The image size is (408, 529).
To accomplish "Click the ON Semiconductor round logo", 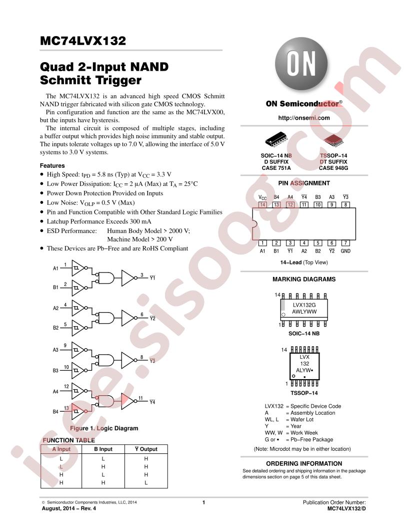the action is pyautogui.click(x=301, y=64).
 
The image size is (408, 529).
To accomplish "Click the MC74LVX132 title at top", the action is pyautogui.click(x=83, y=41).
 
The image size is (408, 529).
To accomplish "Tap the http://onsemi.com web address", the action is pyautogui.click(x=303, y=118).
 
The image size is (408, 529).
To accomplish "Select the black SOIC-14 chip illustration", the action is pyautogui.click(x=276, y=139).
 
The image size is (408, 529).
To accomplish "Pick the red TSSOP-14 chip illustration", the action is pyautogui.click(x=333, y=140).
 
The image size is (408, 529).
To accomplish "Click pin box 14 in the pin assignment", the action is pyautogui.click(x=262, y=204).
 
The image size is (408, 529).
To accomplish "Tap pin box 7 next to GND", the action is pyautogui.click(x=345, y=243).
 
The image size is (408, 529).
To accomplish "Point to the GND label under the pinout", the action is pyautogui.click(x=345, y=251).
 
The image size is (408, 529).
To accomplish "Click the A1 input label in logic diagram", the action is pyautogui.click(x=56, y=269).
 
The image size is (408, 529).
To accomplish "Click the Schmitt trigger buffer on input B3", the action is pyautogui.click(x=78, y=370).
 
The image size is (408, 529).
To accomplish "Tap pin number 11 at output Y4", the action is pyautogui.click(x=140, y=398).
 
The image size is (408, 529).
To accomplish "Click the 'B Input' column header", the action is pyautogui.click(x=103, y=449).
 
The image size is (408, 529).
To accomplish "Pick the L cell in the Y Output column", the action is pyautogui.click(x=146, y=483).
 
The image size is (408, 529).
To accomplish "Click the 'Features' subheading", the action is pyautogui.click(x=52, y=166).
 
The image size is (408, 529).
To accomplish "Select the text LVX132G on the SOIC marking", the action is pyautogui.click(x=304, y=305).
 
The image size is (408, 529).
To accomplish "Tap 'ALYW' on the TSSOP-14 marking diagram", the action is pyautogui.click(x=303, y=370).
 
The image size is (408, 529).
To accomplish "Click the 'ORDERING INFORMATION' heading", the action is pyautogui.click(x=304, y=463).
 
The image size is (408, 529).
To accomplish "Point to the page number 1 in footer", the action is pyautogui.click(x=203, y=502).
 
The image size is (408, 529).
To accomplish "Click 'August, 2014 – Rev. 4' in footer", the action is pyautogui.click(x=68, y=508).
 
